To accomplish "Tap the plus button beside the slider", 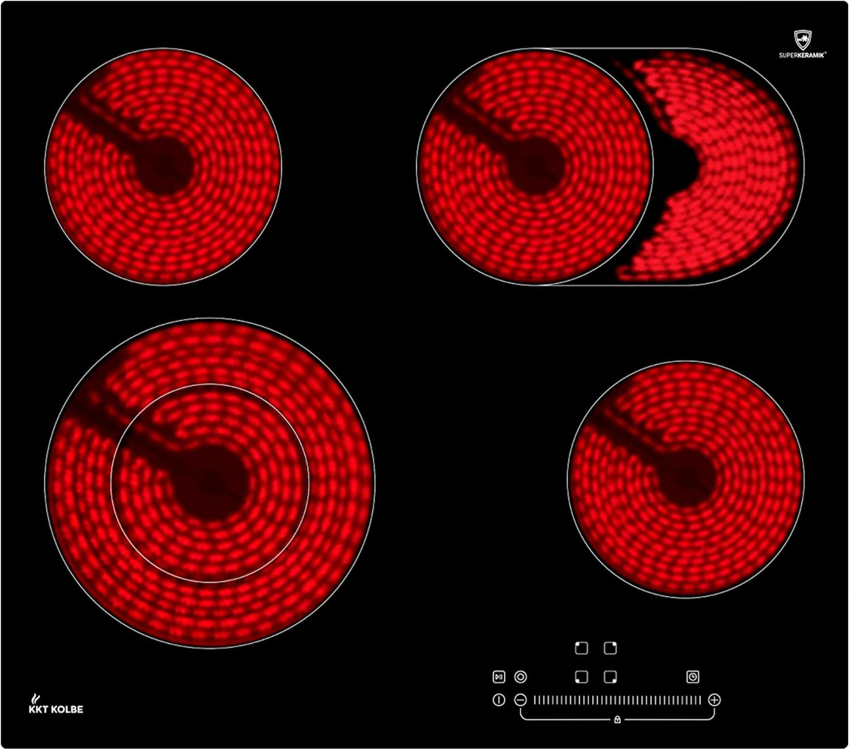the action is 714,700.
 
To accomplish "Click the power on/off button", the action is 499,700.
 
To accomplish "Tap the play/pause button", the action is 499,677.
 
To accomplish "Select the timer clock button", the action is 692,677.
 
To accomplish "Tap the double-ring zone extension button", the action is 520,677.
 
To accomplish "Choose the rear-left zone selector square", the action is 581,648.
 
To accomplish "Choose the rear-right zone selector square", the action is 610,648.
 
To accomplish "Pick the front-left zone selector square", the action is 581,677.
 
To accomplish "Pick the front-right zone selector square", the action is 610,677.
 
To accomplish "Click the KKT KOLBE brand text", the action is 56,709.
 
